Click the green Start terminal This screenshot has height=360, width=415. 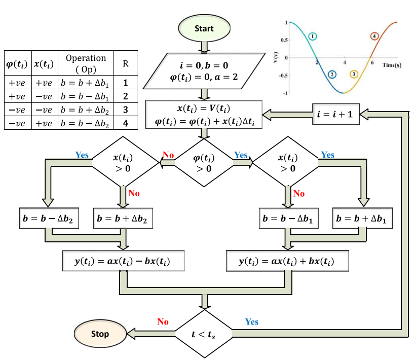coord(204,29)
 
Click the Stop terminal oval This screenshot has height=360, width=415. coord(100,334)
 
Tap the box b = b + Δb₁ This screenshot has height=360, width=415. coord(363,219)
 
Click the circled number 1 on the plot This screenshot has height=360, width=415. coord(313,37)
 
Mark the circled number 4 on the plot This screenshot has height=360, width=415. coord(374,37)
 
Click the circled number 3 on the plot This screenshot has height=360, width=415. coord(354,75)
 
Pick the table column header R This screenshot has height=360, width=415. coord(125,64)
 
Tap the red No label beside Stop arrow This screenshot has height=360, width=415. coord(163,322)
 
